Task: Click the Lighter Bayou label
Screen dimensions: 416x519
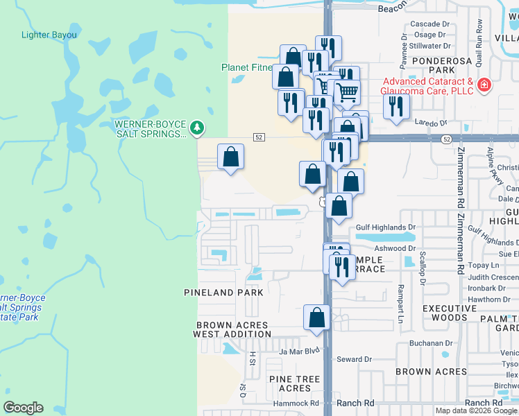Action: [x=49, y=35]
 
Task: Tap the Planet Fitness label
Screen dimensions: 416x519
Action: [x=250, y=67]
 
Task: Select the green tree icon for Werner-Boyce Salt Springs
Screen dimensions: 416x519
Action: [x=198, y=127]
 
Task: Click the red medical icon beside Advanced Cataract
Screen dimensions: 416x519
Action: [x=484, y=87]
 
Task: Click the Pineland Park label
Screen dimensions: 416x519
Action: [x=223, y=293]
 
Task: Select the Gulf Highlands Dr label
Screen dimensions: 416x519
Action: [x=385, y=227]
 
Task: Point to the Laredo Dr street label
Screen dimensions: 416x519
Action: [x=432, y=123]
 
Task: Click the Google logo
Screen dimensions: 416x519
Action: [x=23, y=408]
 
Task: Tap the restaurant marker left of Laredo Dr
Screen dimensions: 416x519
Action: [x=396, y=106]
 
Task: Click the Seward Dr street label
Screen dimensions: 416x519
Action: [x=354, y=359]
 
